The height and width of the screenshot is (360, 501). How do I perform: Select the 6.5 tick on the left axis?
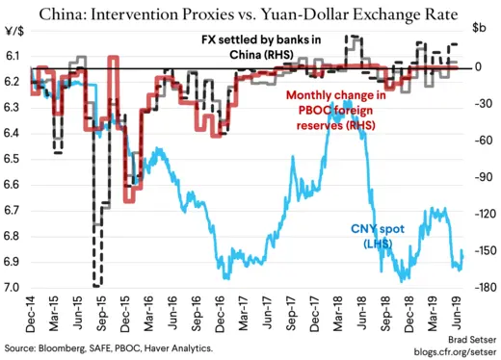click(x=13, y=160)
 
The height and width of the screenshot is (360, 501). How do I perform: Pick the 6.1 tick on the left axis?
click(x=13, y=58)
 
